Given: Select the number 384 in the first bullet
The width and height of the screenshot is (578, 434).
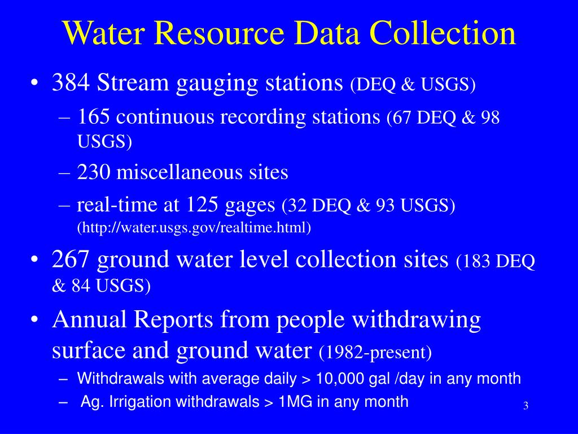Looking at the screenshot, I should click(71, 83).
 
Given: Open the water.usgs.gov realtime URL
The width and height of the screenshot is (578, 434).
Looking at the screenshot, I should click(194, 227).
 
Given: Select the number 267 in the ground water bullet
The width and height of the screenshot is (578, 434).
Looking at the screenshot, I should click(71, 260).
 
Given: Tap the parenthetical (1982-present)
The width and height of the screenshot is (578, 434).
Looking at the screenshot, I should click(375, 353).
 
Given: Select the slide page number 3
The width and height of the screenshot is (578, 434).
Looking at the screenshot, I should click(525, 406).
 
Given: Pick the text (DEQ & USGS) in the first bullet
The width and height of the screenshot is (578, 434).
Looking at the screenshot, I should click(413, 85).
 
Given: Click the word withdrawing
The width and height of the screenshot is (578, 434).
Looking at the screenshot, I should click(416, 320).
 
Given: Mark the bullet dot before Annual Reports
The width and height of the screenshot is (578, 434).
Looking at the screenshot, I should click(35, 320).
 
